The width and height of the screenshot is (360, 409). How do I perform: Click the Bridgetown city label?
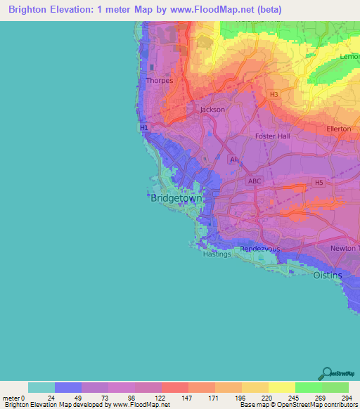(x=176, y=199)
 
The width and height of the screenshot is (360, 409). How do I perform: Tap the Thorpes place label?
(x=158, y=81)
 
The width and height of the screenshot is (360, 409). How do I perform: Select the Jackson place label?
(x=212, y=110)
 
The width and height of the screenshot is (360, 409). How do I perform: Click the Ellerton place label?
(x=339, y=129)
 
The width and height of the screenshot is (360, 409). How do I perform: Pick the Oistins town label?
(x=328, y=275)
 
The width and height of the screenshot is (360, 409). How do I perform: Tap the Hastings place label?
(x=217, y=254)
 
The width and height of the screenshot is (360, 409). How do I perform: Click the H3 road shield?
(x=274, y=93)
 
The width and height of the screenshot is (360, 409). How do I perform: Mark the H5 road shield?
(x=319, y=183)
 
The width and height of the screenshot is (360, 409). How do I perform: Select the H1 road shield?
(x=144, y=128)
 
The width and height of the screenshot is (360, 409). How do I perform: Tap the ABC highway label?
(x=255, y=181)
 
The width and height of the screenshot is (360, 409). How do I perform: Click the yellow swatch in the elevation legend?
(x=281, y=387)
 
